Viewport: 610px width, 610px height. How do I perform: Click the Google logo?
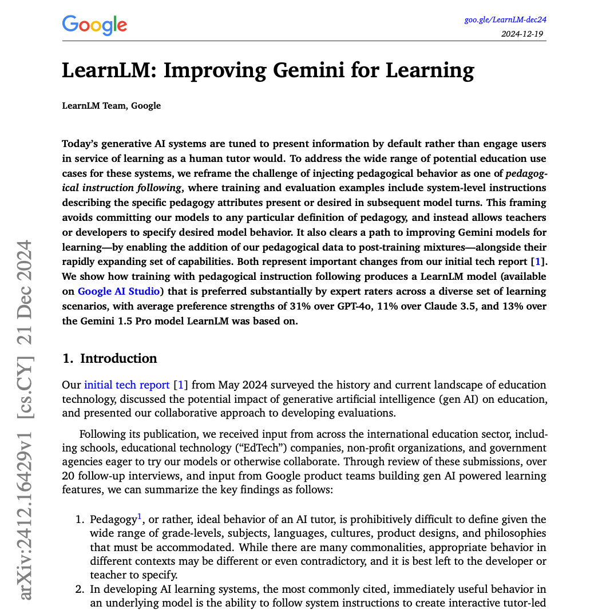click(94, 25)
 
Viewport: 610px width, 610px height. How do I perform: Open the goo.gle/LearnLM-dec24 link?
click(505, 20)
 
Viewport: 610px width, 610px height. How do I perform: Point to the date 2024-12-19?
click(522, 33)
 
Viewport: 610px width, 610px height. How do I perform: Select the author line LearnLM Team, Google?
click(111, 105)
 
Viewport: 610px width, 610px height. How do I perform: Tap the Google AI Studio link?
click(118, 291)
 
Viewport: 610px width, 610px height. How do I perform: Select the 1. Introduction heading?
click(109, 359)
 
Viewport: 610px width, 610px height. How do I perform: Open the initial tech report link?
click(127, 385)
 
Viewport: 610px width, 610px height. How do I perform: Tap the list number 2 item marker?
click(80, 589)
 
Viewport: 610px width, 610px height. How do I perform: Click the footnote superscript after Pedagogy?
click(139, 517)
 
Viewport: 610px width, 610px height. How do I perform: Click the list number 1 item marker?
click(80, 520)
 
